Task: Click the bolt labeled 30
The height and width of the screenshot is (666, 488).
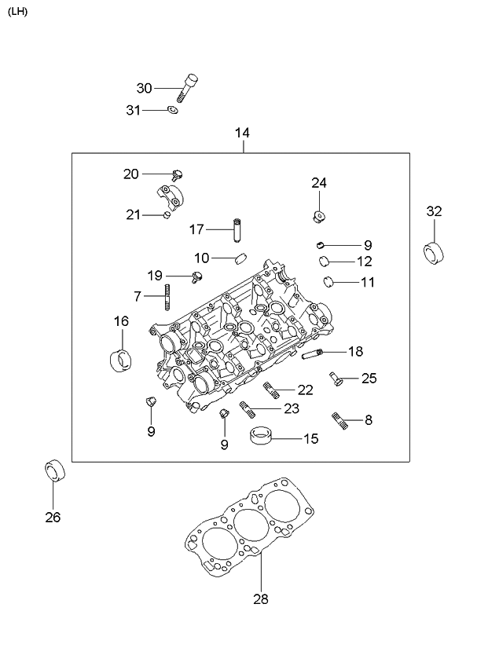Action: [188, 86]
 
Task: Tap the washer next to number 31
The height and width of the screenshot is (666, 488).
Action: [173, 110]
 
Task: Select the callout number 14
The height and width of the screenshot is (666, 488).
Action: [241, 134]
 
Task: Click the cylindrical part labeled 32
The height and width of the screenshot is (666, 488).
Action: [434, 252]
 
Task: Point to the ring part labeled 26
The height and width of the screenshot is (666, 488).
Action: [53, 472]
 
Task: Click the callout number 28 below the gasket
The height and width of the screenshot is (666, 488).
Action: [260, 599]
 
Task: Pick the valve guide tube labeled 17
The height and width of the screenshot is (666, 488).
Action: [235, 231]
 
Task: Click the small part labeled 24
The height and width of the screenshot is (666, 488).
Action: [319, 215]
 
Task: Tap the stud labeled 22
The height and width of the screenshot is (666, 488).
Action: [271, 387]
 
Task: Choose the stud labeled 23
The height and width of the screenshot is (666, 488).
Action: [248, 408]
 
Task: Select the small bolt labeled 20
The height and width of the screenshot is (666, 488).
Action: [177, 174]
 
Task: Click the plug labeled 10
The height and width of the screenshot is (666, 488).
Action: [241, 257]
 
